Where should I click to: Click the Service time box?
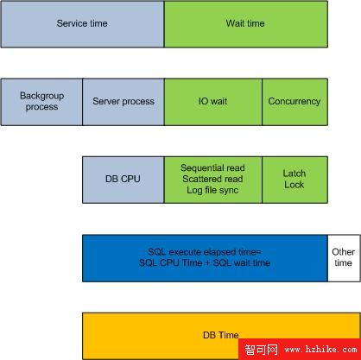pos(82,24)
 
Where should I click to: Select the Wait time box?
pos(246,24)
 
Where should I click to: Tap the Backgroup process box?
pos(41,102)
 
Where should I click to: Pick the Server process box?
pos(123,102)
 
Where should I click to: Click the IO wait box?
pos(213,102)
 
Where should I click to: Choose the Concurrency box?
pos(294,102)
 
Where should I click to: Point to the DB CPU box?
pos(123,180)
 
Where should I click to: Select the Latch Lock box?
pos(294,180)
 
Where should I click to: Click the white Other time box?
pos(344,258)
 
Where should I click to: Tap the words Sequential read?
pos(212,167)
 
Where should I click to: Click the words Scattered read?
pos(212,179)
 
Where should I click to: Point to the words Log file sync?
pos(212,190)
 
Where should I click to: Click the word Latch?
pos(294,174)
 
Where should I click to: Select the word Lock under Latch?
pos(294,185)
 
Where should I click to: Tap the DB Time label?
pos(221,335)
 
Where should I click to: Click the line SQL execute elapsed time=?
pos(205,252)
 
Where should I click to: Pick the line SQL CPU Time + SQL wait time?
pos(205,262)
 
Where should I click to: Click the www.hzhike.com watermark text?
pos(321,350)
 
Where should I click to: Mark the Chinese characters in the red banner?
pos(262,350)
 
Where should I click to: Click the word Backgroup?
pos(42,96)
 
